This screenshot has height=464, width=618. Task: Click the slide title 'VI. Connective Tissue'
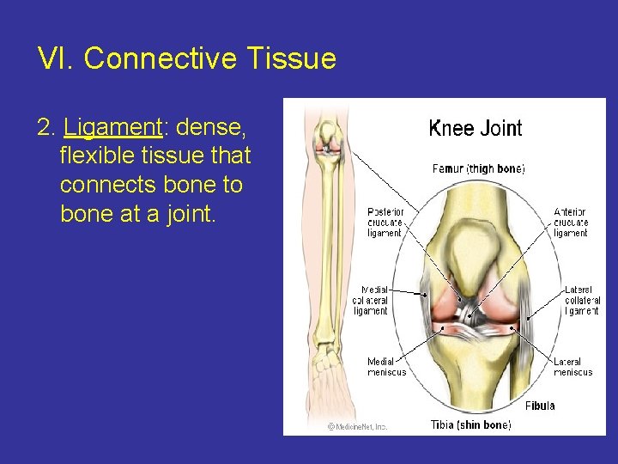[186, 59]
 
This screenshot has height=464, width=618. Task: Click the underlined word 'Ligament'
[112, 127]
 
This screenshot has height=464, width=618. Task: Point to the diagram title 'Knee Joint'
[475, 129]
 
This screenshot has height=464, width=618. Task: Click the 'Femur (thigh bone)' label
[478, 169]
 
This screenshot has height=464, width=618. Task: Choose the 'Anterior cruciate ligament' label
[570, 222]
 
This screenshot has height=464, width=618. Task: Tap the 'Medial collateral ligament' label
[370, 300]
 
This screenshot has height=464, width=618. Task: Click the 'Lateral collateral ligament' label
[581, 300]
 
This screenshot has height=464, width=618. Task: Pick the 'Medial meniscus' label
[386, 367]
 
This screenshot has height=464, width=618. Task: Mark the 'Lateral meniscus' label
[573, 367]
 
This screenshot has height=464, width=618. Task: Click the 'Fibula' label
[540, 406]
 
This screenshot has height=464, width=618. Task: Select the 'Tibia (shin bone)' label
[470, 424]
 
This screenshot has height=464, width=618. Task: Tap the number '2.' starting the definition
[47, 127]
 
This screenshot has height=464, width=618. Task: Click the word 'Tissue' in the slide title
[291, 59]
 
